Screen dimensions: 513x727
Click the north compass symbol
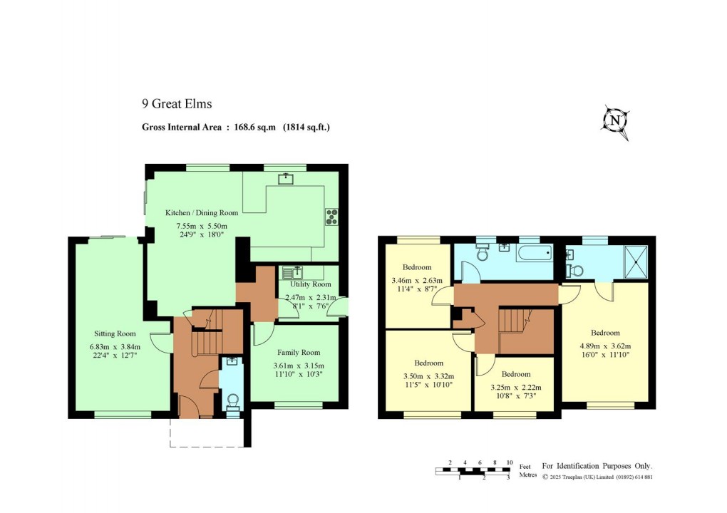tap(615, 122)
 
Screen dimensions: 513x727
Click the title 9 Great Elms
tap(177, 104)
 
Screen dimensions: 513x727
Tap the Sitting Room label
tap(115, 333)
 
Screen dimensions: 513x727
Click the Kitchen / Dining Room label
tap(202, 212)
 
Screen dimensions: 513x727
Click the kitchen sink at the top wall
tap(287, 177)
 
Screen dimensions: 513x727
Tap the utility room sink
tap(292, 271)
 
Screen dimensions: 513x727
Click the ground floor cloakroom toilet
tap(232, 403)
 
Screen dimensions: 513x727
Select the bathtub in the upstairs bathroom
tap(535, 251)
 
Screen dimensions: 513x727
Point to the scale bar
tap(474, 470)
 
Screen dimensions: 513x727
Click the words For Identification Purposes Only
tap(597, 465)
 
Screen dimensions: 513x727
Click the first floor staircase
tap(515, 320)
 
